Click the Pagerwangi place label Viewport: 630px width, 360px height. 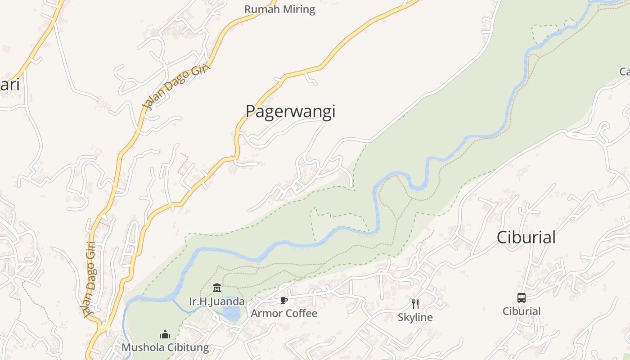pyautogui.click(x=290, y=111)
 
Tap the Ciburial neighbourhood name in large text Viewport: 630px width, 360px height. pyautogui.click(x=526, y=237)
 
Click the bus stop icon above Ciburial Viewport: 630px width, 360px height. pyautogui.click(x=521, y=297)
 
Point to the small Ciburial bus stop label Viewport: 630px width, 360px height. pyautogui.click(x=522, y=311)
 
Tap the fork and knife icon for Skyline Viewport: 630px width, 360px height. pyautogui.click(x=415, y=304)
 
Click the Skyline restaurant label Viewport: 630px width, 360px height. pyautogui.click(x=415, y=317)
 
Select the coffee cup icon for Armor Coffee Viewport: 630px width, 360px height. pyautogui.click(x=283, y=300)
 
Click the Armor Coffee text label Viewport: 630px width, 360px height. pyautogui.click(x=284, y=313)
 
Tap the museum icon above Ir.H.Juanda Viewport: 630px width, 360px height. pyautogui.click(x=217, y=288)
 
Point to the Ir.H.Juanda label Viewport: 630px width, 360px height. pyautogui.click(x=217, y=301)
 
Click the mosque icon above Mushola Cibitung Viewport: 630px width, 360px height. pyautogui.click(x=165, y=334)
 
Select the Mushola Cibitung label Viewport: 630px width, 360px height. pyautogui.click(x=165, y=347)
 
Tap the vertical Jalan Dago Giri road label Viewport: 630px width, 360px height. pyautogui.click(x=90, y=279)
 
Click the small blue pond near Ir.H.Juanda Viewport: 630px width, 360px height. pyautogui.click(x=232, y=313)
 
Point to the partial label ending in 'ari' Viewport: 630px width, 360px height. pyautogui.click(x=9, y=85)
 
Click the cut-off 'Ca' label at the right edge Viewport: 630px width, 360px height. pyautogui.click(x=625, y=72)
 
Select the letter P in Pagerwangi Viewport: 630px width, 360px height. pyautogui.click(x=251, y=111)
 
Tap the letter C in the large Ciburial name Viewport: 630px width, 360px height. pyautogui.click(x=502, y=237)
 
